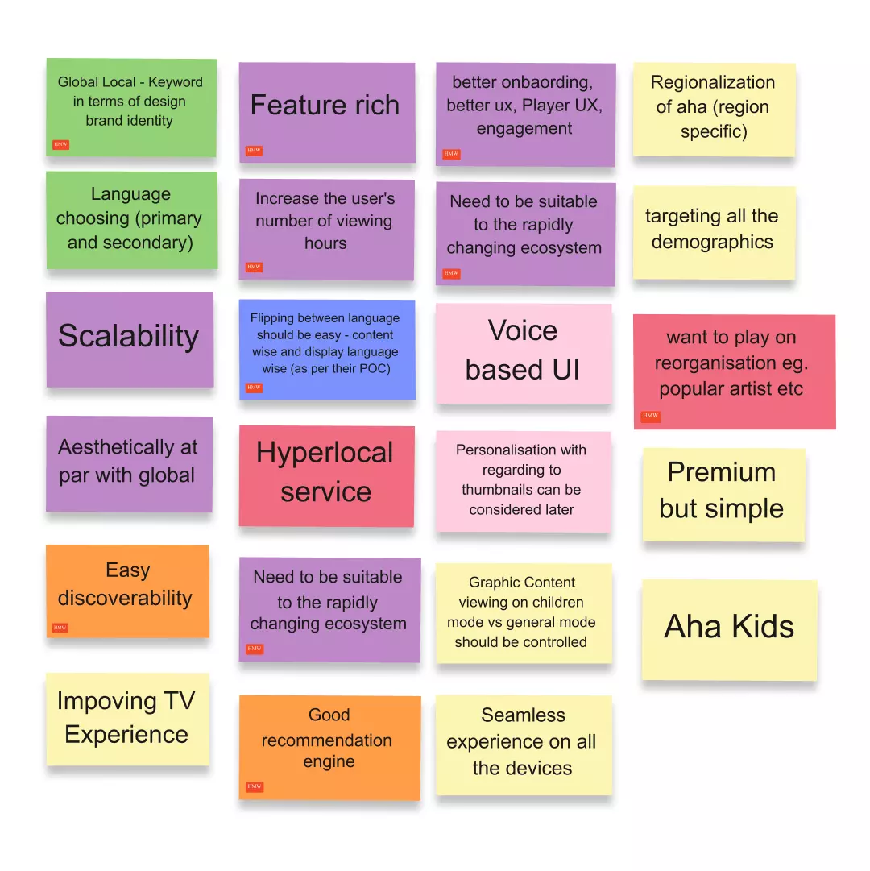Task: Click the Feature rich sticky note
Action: coord(327,112)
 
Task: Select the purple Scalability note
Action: coord(130,339)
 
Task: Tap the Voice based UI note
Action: coord(524,353)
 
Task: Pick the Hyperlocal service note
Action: coord(326,476)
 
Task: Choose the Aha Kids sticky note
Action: coord(730,630)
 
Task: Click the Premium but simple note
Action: coord(723,495)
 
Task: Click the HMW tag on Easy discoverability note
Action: coord(60,628)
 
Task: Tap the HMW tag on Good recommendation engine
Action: coord(255,786)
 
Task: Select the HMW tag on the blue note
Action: coord(254,388)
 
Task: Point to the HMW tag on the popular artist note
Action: coord(650,416)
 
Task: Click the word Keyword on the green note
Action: coord(176,82)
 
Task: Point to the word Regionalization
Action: coord(713,82)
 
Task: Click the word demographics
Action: coord(712,243)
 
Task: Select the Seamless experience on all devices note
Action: coord(524,745)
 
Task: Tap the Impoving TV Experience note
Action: coord(128,720)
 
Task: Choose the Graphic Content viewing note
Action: coord(524,613)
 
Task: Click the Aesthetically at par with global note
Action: coord(130,464)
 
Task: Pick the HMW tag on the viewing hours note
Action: coord(254,268)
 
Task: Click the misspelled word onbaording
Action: coord(523,82)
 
